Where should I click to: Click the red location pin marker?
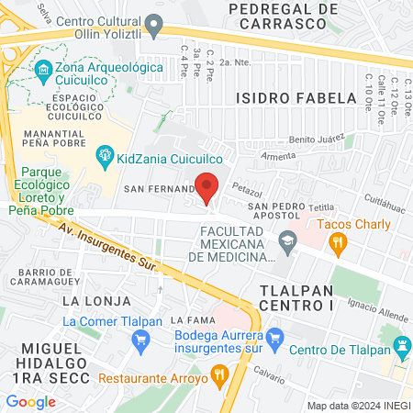207,185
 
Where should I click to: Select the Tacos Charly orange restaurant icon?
339,243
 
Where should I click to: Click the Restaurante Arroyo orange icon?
218,375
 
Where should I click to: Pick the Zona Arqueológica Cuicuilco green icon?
42,71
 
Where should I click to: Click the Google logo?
30,401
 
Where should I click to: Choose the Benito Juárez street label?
315,140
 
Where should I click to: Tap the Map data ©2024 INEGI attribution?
357,406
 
